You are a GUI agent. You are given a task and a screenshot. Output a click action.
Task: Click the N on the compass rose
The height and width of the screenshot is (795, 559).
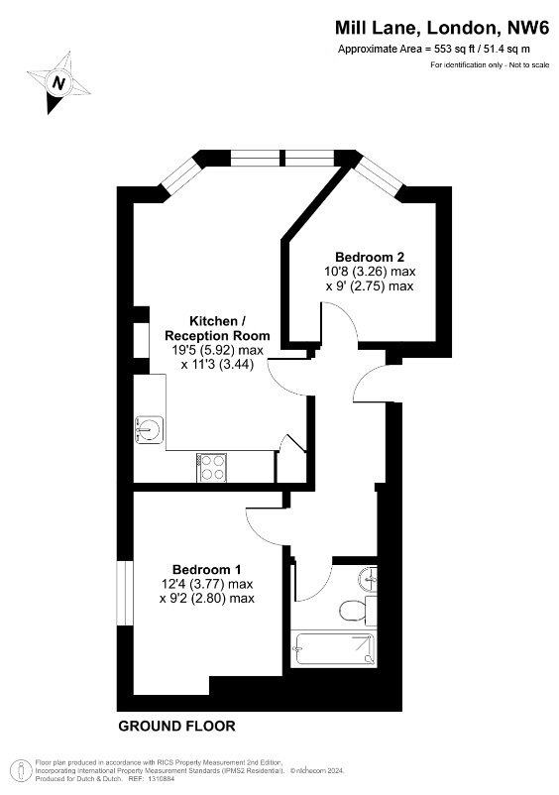(x=59, y=82)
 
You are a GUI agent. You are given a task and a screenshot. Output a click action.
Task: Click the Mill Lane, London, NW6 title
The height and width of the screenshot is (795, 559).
(x=442, y=28)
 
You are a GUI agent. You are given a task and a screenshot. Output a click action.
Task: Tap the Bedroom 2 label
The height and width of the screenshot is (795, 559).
(x=370, y=257)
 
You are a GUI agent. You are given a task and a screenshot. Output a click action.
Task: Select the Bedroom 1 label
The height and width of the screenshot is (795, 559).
(x=207, y=569)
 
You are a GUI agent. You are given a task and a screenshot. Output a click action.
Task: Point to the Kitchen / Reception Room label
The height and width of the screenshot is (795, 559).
(x=217, y=328)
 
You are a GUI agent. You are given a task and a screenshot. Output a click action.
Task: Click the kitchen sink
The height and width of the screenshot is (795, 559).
(x=149, y=429)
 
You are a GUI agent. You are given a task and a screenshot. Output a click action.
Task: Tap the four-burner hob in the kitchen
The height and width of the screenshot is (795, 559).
(x=212, y=468)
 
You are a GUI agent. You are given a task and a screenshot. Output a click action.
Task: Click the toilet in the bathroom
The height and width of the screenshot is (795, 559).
(x=353, y=611)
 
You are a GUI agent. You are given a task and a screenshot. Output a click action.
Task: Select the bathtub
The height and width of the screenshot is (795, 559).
(x=334, y=649)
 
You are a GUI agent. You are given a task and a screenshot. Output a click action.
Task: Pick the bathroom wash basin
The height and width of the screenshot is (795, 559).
(x=369, y=579)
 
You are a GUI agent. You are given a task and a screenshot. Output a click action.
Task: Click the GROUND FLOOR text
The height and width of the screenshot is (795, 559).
(x=176, y=726)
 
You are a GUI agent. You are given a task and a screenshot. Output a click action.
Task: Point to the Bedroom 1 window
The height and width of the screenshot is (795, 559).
(x=125, y=593)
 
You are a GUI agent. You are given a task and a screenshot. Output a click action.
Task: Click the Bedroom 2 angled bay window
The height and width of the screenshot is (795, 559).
(x=379, y=175)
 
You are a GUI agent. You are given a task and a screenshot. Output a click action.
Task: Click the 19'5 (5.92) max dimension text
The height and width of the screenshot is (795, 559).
(x=217, y=350)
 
